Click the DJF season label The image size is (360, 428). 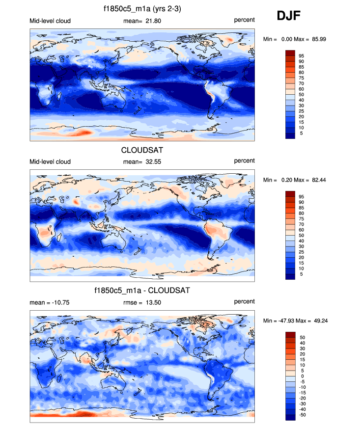[289, 16]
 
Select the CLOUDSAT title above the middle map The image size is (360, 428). [142, 150]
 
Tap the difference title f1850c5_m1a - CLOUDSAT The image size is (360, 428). [142, 291]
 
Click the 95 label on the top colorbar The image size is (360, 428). [301, 56]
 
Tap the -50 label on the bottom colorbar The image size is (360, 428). [302, 415]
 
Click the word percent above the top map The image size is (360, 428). [244, 20]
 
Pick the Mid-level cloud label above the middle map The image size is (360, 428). [50, 161]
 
